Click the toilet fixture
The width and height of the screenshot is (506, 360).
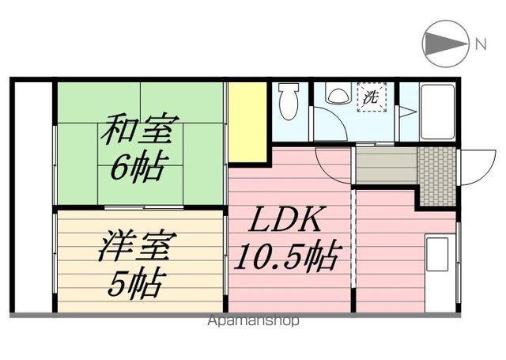pos(289,102)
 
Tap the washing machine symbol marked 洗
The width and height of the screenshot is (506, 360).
pos(370,98)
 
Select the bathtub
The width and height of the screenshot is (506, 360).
pos(437,110)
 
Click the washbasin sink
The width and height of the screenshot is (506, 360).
pos(338,95)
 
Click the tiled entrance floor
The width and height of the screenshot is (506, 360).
pos(436,176)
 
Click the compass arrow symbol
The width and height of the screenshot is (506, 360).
pos(445,44)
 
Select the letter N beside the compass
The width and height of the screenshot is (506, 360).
pos(481,44)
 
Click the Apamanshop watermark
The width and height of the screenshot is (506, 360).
pos(253,321)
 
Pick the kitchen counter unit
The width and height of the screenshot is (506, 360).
pos(437,273)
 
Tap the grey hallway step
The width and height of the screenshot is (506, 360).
pos(385,166)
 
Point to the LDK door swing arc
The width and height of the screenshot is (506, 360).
pos(332,165)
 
